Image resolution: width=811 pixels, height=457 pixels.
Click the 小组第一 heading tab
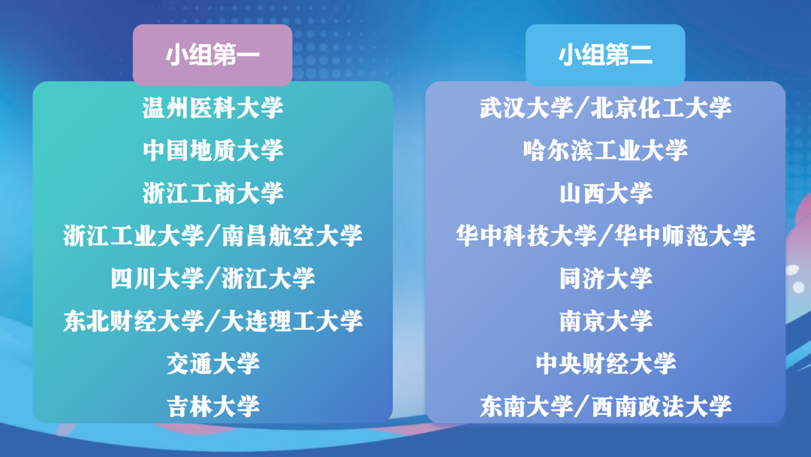click(x=213, y=55)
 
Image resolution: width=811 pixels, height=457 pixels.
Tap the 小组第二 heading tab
click(x=605, y=55)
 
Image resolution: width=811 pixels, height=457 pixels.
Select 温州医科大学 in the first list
click(x=213, y=108)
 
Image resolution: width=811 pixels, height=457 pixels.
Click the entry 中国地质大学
click(x=213, y=150)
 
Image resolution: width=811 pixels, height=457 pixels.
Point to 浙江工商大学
click(x=213, y=193)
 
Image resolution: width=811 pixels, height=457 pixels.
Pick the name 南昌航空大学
click(x=292, y=235)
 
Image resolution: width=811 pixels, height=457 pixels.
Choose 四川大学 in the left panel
click(x=157, y=278)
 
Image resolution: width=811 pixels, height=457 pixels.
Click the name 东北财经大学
click(x=134, y=321)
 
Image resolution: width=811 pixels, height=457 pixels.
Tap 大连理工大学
click(x=292, y=321)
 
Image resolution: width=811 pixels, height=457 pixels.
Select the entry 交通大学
click(x=213, y=363)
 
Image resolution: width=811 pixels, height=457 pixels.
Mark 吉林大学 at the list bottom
click(x=213, y=407)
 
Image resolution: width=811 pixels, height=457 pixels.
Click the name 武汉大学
click(x=526, y=108)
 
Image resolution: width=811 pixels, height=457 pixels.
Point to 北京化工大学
click(x=661, y=108)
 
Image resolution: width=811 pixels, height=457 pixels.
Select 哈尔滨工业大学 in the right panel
click(x=605, y=150)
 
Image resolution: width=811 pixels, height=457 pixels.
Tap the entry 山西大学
click(x=605, y=193)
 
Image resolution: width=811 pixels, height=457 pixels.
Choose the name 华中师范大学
click(x=685, y=235)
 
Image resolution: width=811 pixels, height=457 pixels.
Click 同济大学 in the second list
click(x=605, y=278)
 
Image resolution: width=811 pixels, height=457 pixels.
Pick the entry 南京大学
click(x=605, y=321)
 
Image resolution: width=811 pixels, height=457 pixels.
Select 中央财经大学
click(x=605, y=363)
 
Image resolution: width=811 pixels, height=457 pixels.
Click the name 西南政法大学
click(x=661, y=407)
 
